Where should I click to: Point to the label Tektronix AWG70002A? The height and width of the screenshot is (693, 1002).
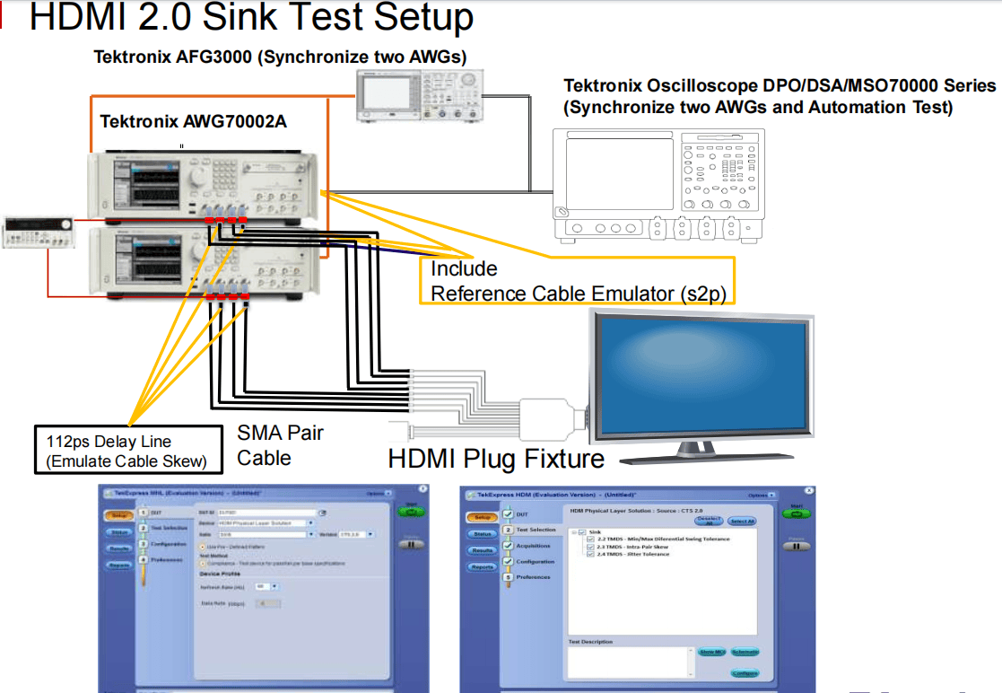(193, 121)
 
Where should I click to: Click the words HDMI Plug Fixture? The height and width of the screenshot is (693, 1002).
(495, 459)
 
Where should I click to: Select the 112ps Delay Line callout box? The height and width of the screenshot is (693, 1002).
(128, 450)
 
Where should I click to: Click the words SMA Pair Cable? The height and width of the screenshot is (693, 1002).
(279, 445)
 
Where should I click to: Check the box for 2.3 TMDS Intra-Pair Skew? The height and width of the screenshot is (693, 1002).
(590, 547)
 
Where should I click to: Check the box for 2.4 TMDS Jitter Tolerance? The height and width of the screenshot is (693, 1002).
(590, 555)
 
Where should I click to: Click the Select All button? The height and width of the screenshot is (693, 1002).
(741, 521)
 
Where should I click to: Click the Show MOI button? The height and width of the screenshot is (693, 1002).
(711, 652)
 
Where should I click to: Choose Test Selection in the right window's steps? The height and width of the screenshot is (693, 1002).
(536, 531)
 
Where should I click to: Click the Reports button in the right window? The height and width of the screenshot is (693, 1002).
(482, 566)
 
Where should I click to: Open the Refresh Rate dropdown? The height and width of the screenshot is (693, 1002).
(274, 587)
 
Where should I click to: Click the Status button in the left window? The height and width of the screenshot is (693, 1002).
(119, 531)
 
